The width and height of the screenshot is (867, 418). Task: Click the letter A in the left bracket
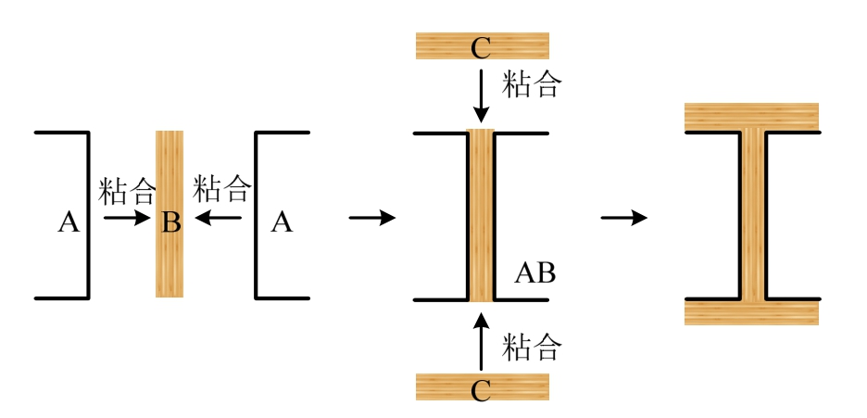click(69, 222)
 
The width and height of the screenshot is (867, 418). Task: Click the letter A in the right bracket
click(282, 222)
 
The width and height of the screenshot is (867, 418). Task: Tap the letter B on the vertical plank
click(170, 222)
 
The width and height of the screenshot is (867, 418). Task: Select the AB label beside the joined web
click(535, 273)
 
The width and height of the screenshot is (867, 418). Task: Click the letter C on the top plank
click(481, 47)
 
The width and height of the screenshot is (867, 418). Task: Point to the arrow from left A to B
click(126, 219)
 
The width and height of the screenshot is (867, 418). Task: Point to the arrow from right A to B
click(219, 219)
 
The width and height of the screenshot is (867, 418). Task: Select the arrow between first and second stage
click(372, 219)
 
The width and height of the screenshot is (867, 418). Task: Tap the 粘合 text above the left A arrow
click(127, 190)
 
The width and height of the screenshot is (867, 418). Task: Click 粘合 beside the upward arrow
click(532, 348)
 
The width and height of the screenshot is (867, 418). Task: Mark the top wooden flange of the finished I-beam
click(751, 117)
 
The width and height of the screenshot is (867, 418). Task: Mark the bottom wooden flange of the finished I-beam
click(751, 311)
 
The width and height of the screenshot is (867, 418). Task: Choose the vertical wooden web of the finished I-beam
click(752, 215)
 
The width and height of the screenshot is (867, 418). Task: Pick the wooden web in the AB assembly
click(481, 215)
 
